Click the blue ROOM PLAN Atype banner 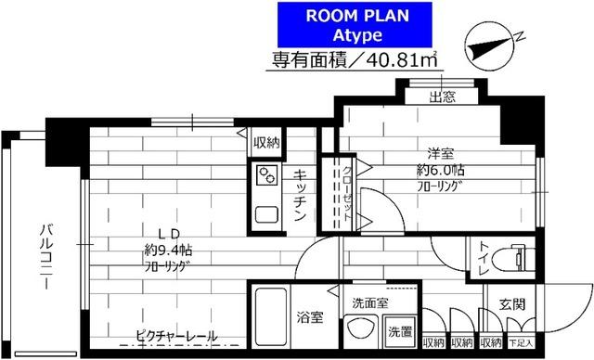[357, 24]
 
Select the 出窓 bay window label [441, 96]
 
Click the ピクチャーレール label [175, 335]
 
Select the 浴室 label [311, 316]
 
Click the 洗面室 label [370, 302]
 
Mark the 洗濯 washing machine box [400, 331]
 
